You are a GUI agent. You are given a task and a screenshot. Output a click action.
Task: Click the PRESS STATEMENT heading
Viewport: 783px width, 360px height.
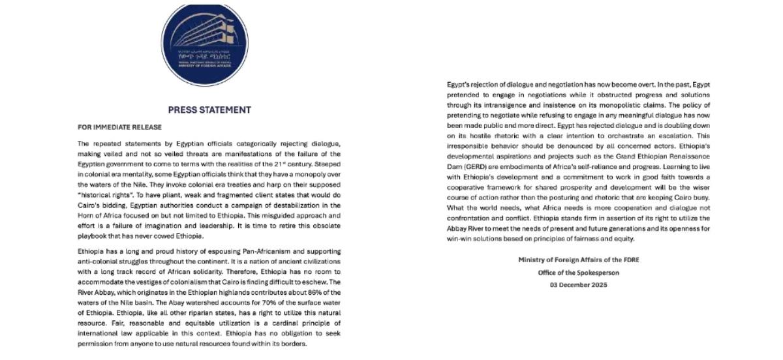click(x=209, y=110)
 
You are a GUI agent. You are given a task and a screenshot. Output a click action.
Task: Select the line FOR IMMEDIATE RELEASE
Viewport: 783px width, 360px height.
click(x=119, y=127)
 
